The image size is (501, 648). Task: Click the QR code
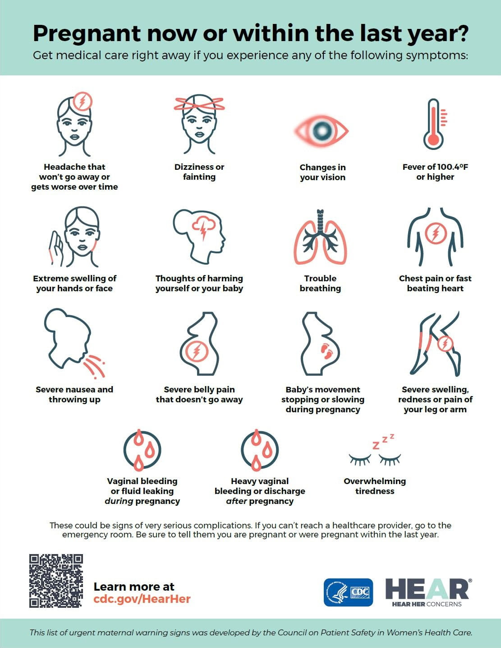(56, 581)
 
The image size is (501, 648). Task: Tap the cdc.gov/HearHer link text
(142, 599)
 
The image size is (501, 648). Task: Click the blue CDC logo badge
(348, 592)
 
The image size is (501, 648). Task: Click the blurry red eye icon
(322, 131)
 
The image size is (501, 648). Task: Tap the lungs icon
(320, 237)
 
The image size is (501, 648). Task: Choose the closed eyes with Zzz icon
(375, 452)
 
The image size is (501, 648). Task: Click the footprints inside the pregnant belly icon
(327, 350)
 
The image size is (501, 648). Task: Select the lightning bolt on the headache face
(82, 102)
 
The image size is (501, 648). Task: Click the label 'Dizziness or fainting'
(199, 172)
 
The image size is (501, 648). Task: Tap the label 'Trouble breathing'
(320, 283)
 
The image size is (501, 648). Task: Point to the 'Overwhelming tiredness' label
(375, 486)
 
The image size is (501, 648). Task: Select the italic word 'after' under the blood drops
(237, 501)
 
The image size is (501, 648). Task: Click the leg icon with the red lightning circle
(435, 343)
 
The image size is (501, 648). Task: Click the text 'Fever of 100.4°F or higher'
(435, 172)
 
